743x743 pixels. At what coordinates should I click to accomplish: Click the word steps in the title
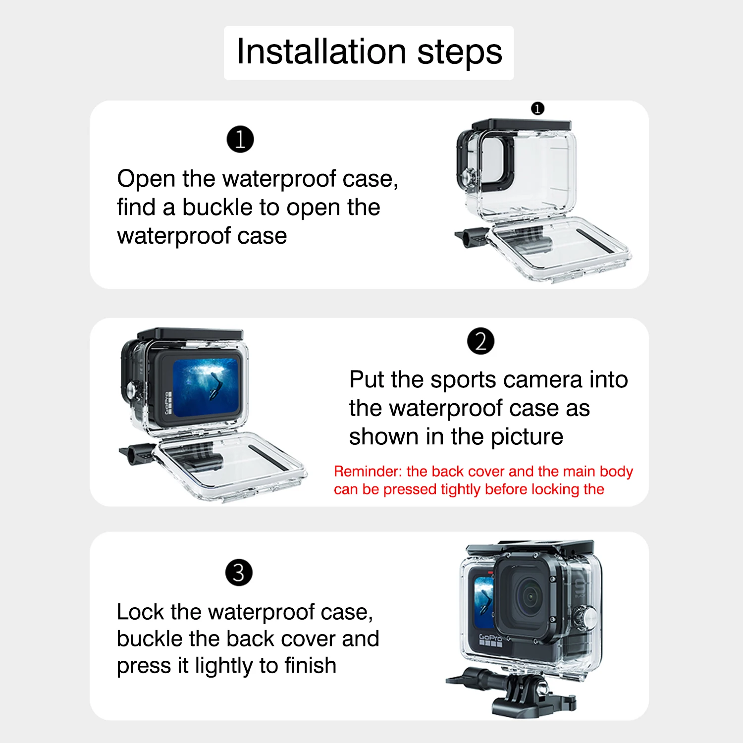coord(460,52)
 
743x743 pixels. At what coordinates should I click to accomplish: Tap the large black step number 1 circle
coord(240,139)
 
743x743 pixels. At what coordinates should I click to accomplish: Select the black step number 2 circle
coord(480,341)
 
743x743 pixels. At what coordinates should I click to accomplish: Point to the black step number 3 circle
coord(239,573)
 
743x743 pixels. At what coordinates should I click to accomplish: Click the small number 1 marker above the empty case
coord(537,108)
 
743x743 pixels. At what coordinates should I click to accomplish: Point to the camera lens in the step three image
coord(531,597)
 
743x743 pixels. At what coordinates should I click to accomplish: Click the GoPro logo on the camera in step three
coord(490,638)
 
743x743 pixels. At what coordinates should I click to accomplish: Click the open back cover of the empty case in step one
coord(560,248)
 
